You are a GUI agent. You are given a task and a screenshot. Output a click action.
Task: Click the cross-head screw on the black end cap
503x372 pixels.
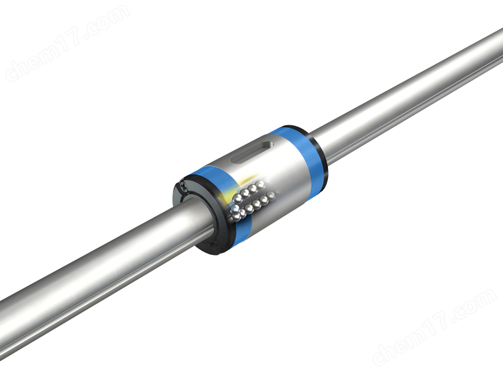coord(183,185)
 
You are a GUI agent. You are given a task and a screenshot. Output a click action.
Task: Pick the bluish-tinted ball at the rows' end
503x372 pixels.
coord(235,210)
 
